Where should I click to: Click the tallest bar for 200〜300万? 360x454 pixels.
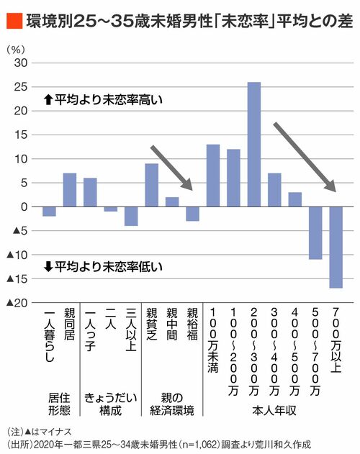pyautogui.click(x=254, y=145)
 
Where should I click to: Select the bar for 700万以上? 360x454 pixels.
pyautogui.click(x=336, y=248)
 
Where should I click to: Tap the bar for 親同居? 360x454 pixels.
pyautogui.click(x=70, y=190)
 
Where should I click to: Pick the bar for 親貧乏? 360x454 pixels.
pyautogui.click(x=152, y=186)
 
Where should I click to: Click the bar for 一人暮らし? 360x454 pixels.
pyautogui.click(x=49, y=212)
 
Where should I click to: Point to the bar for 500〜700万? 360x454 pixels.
pyautogui.click(x=315, y=233)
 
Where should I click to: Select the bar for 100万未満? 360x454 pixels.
pyautogui.click(x=213, y=176)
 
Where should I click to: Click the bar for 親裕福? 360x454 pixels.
pyautogui.click(x=192, y=214)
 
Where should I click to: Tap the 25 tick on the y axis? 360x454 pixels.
pyautogui.click(x=21, y=87)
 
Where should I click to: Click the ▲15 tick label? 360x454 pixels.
pyautogui.click(x=17, y=279)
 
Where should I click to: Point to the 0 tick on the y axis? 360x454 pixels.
pyautogui.click(x=24, y=207)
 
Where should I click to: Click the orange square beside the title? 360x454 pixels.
pyautogui.click(x=14, y=21)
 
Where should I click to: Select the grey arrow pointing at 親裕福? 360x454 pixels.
pyautogui.click(x=171, y=168)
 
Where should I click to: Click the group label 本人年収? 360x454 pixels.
pyautogui.click(x=274, y=410)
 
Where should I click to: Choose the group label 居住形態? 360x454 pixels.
pyautogui.click(x=60, y=404)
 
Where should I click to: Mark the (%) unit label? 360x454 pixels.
pyautogui.click(x=16, y=50)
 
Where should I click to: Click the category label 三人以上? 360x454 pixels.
pyautogui.click(x=131, y=330)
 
